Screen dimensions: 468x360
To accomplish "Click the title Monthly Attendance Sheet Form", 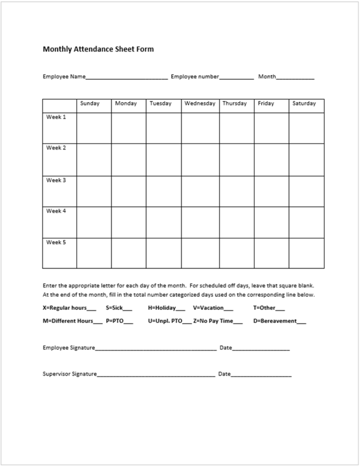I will point(98,49).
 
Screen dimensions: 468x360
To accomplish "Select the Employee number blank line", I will point(236,77).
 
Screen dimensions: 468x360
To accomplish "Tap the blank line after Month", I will point(295,77).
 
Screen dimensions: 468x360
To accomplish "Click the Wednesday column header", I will point(200,104).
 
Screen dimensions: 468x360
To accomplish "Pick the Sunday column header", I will point(90,104).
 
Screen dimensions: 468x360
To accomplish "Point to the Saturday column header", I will point(304,104).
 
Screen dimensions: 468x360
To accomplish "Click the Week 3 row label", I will point(56,180).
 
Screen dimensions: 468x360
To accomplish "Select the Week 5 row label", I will point(56,243).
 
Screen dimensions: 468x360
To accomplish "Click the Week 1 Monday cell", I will point(128,128).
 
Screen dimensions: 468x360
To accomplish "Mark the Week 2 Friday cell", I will point(271,159).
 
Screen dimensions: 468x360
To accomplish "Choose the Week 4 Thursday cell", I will point(236,222).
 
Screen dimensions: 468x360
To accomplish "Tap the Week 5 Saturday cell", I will point(306,253).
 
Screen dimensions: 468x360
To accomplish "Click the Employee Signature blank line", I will point(155,348).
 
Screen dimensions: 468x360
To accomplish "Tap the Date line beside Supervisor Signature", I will point(261,374).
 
